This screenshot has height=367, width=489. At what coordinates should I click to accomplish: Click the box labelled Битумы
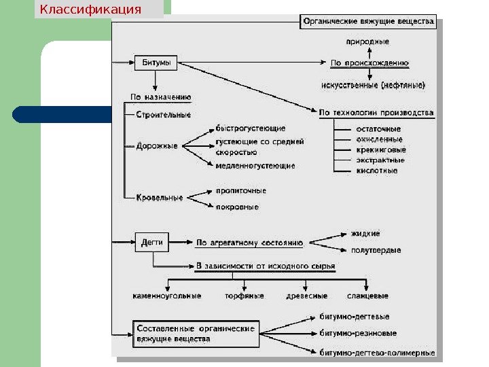coord(156,63)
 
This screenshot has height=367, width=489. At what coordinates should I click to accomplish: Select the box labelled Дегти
coord(151,241)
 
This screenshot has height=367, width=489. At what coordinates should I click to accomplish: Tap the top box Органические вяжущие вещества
coord(367,22)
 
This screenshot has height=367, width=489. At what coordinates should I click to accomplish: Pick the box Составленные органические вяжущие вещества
coord(196,333)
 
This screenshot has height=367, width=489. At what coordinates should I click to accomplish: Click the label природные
coord(367,41)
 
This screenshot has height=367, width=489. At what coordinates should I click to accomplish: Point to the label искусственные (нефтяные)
coord(374,86)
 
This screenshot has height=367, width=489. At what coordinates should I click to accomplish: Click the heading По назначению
coord(160,97)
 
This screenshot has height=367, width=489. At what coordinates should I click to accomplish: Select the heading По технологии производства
coord(376,112)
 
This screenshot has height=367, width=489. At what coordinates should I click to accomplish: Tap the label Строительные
coord(164,115)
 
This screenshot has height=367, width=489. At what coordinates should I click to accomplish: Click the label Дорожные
coord(158,145)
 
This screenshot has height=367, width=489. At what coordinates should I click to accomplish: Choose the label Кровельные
coord(160,198)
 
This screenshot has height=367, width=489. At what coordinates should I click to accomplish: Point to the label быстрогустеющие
coord(251,128)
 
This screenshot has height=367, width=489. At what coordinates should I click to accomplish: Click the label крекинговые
coord(381,150)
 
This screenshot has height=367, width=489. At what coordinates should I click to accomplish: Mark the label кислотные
coord(377,171)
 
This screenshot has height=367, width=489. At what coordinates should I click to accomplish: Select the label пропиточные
coord(240,191)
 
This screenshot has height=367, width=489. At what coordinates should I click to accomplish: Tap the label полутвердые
coord(376,250)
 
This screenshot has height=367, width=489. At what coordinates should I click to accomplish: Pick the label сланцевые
coord(367,296)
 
